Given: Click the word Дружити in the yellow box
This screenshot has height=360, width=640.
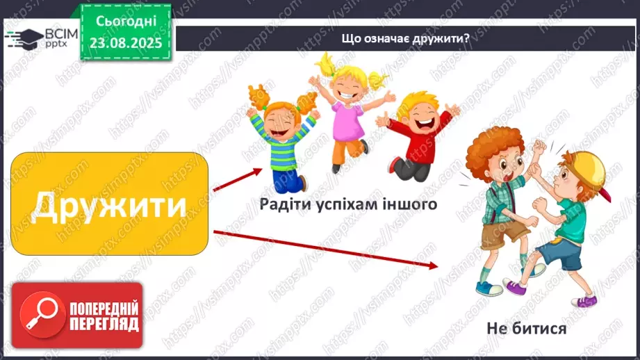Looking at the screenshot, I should (x=110, y=205).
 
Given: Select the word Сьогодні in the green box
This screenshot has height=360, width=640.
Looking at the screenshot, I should (x=125, y=22).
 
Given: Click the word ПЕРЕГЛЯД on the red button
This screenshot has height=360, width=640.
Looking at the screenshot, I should (x=103, y=323).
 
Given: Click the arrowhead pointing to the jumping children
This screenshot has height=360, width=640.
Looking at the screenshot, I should (x=258, y=171).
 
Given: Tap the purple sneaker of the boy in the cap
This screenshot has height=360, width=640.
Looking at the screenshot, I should (x=516, y=286).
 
